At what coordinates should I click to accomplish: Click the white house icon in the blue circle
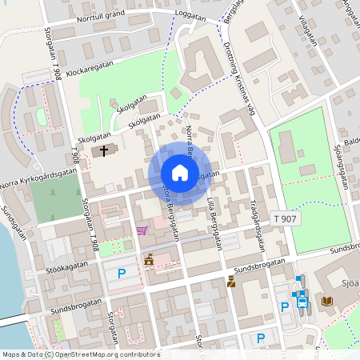point(179,173)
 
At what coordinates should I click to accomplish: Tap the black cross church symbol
point(103,150)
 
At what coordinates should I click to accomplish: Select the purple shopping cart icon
point(142,230)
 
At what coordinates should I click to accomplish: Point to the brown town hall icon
point(148,260)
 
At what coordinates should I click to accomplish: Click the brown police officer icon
point(231,281)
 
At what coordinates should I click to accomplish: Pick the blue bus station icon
point(302,302)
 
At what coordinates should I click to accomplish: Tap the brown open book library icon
point(326,301)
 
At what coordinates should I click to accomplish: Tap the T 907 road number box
point(286,218)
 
